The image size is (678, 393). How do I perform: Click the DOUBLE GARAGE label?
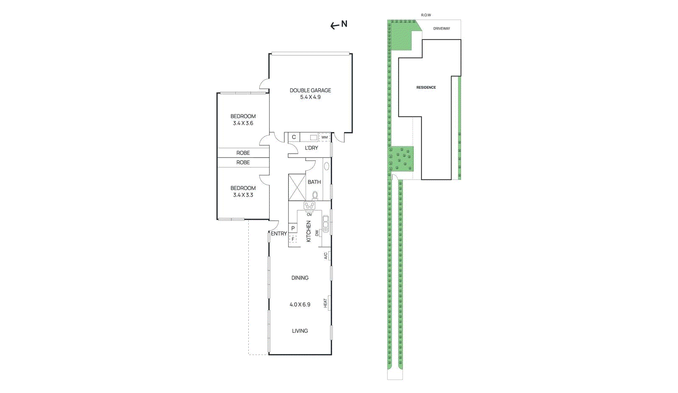tap(310, 90)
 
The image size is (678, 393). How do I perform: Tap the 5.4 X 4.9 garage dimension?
tap(310, 97)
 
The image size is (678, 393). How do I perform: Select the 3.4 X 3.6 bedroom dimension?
tap(243, 123)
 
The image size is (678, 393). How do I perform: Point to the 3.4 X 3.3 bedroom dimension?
tap(243, 195)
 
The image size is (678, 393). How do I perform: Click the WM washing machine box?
tap(324, 137)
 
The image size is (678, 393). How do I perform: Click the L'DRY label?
tap(311, 148)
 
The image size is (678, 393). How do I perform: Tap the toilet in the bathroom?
tap(315, 195)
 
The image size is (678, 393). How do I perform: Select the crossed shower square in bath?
tap(297, 187)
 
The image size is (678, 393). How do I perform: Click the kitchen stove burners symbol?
tap(309, 206)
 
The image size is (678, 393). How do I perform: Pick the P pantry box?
tap(293, 228)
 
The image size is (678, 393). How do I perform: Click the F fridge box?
tap(293, 239)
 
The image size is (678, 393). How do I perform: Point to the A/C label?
tap(325, 256)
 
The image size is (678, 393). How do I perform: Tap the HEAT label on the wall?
tap(325, 303)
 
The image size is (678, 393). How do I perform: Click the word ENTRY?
tap(279, 234)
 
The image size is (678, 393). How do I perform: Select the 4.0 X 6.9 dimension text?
tap(300, 304)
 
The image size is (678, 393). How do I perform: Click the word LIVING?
tap(300, 331)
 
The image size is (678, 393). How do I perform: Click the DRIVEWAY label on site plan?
tap(442, 29)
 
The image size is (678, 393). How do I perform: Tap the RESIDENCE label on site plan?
tap(426, 88)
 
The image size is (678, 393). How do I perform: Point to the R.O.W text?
tap(426, 15)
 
